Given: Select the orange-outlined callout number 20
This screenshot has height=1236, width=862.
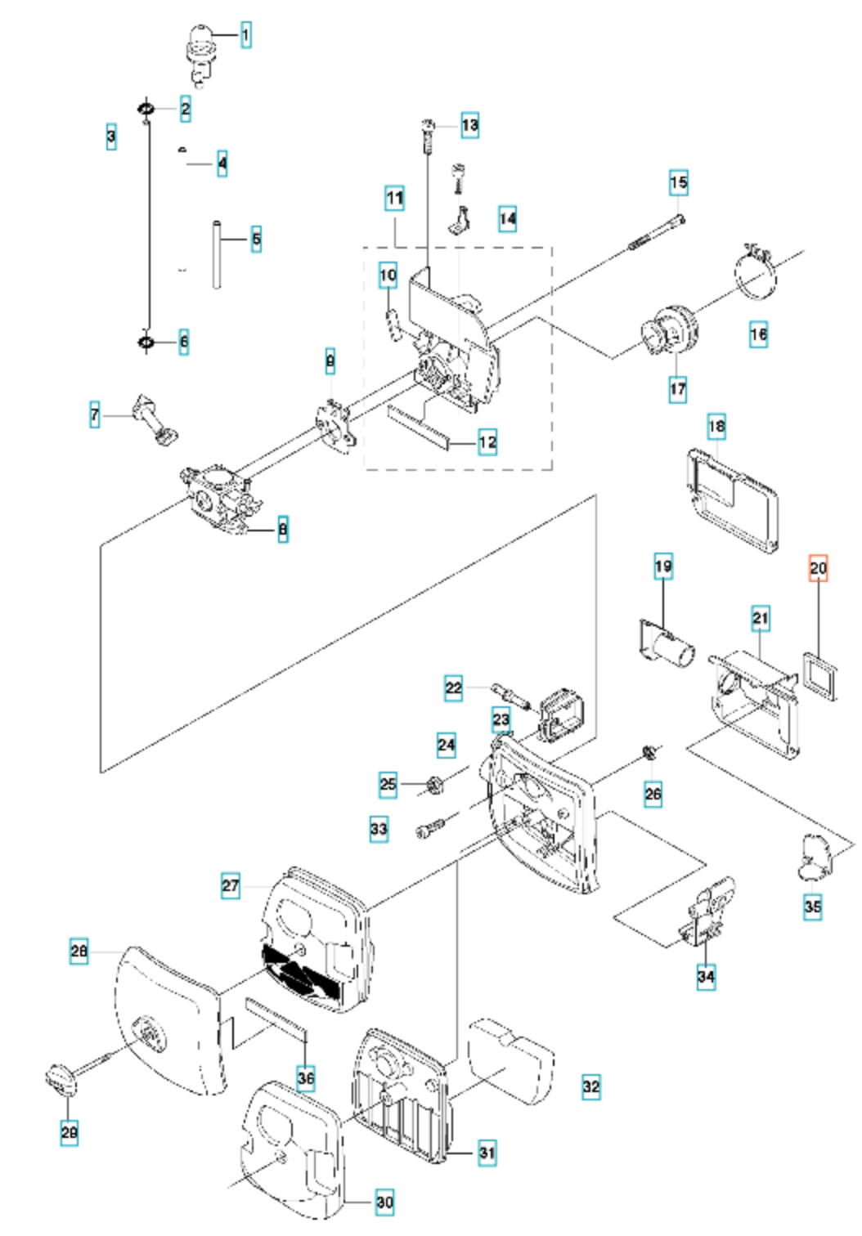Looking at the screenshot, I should point(818,567).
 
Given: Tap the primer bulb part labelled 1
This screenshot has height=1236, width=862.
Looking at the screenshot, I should point(199,49).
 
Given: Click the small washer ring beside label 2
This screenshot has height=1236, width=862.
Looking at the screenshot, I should point(146,108).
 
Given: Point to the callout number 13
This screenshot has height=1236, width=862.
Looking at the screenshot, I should point(469,125).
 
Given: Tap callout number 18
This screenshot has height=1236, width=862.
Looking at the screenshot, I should point(716,426).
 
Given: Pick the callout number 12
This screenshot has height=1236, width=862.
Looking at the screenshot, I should point(487,442).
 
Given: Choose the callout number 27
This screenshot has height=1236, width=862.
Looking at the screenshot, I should point(231,885).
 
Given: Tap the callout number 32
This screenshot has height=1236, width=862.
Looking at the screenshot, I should point(591,1087).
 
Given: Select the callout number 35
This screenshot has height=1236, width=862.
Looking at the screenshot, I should point(812,907).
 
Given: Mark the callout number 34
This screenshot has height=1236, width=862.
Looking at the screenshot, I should point(706,975).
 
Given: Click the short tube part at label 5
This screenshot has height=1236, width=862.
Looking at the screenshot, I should point(218,253).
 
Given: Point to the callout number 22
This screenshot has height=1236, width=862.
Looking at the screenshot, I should point(453,688).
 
